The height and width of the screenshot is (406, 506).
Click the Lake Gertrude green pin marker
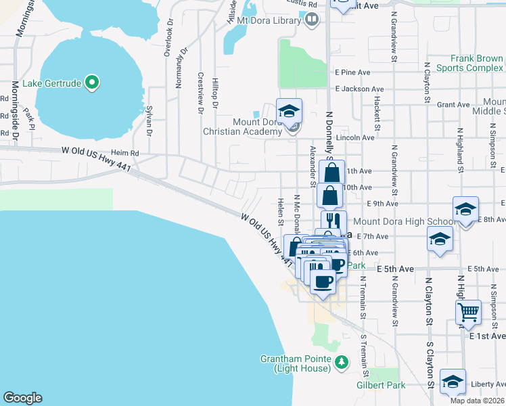(93, 83)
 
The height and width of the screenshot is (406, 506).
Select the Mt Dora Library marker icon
(312, 20)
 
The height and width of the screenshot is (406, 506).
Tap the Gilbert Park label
(375, 385)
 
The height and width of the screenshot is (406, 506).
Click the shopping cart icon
(468, 312)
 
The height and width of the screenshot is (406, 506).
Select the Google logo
(22, 398)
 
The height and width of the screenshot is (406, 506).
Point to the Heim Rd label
(125, 154)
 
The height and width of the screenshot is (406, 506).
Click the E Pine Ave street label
(352, 72)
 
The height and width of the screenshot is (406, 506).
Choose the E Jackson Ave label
(359, 89)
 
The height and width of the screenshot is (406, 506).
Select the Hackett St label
(377, 108)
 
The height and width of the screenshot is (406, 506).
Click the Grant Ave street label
(453, 105)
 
